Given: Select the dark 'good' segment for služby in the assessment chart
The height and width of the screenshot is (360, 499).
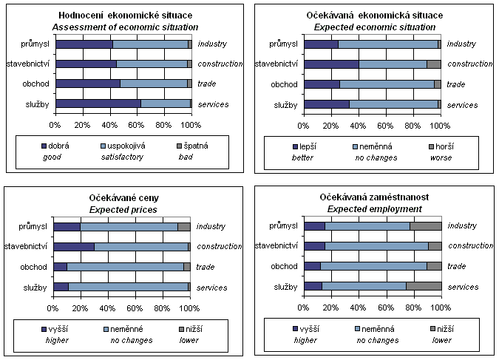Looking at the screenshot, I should [x=98, y=103].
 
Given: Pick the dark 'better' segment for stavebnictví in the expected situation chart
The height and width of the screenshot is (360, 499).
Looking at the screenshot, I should [x=331, y=64].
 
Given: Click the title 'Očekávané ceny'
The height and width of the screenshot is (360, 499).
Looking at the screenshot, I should [x=124, y=198].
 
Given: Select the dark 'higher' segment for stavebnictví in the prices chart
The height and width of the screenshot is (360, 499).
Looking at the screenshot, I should [x=74, y=247].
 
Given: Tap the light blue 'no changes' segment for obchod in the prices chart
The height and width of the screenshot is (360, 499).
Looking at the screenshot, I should [x=126, y=267].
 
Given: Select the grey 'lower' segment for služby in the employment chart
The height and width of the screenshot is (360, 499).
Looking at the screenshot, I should [x=424, y=286].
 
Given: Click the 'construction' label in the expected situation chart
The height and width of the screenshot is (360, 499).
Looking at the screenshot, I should [x=470, y=64].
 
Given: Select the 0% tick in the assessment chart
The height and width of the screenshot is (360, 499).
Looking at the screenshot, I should [x=55, y=123].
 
